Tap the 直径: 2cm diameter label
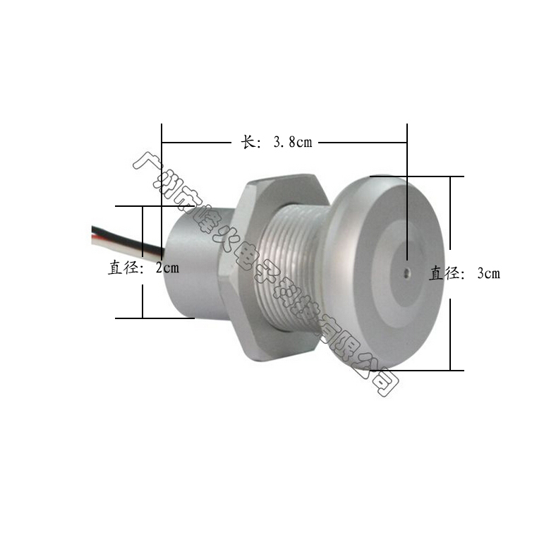tap(143, 268)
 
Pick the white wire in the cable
tap(113, 241)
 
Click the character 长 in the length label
tap(248, 142)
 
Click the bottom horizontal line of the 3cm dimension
tap(423, 370)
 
